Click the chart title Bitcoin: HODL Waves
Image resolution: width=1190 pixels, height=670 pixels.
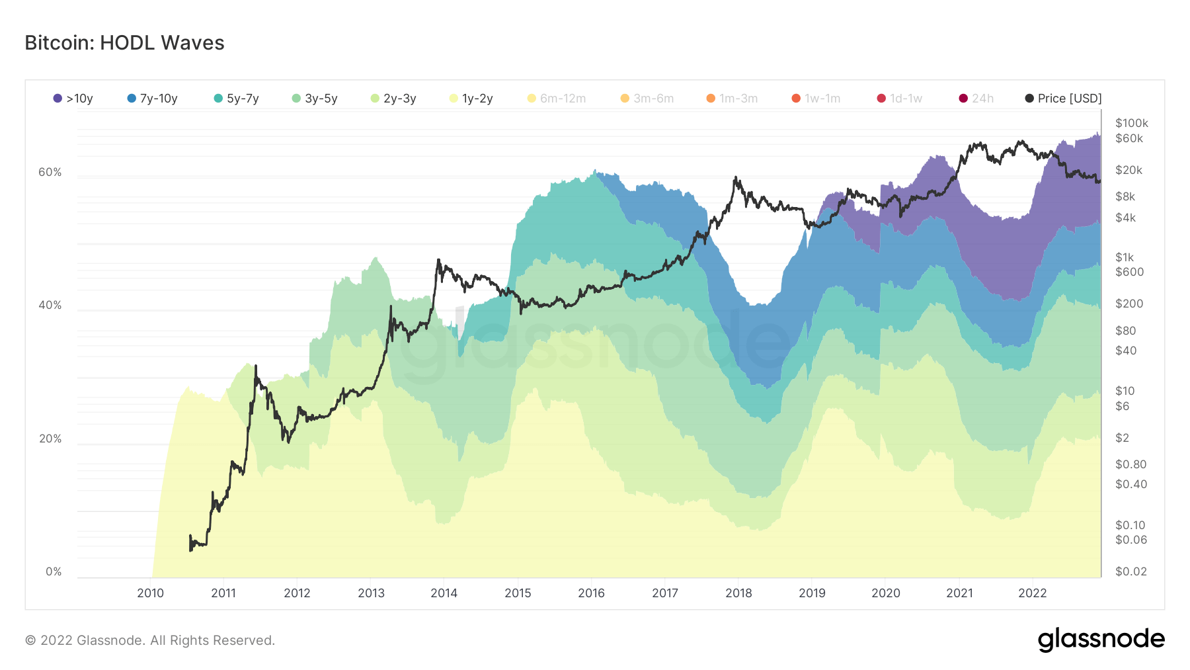(x=124, y=43)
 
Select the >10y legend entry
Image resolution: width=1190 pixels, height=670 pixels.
(x=73, y=99)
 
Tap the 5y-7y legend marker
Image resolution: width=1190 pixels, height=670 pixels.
(x=218, y=99)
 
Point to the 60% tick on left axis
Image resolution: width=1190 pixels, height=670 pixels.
(x=50, y=172)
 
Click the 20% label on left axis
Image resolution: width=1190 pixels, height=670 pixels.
(x=50, y=439)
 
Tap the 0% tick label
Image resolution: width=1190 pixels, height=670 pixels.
(x=54, y=571)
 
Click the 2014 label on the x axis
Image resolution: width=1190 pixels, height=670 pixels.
(x=444, y=593)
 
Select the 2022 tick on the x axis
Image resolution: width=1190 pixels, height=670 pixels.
(x=1032, y=593)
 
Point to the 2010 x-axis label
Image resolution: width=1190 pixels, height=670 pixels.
(x=150, y=593)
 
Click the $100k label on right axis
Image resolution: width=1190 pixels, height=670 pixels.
(x=1131, y=123)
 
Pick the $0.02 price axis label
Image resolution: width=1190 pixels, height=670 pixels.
(x=1130, y=571)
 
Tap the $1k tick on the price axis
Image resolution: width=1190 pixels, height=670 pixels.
(x=1124, y=257)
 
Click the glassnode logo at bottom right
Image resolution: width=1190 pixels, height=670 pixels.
(x=1101, y=640)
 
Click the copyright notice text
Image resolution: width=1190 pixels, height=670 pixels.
(x=150, y=640)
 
